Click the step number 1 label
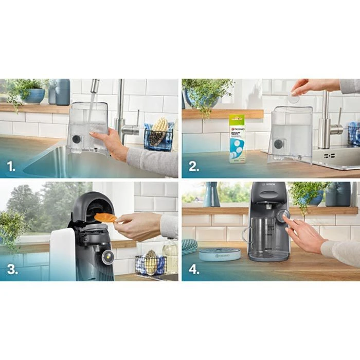pyautogui.click(x=11, y=166)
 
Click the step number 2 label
pyautogui.click(x=194, y=166)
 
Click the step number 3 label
pyautogui.click(x=11, y=268)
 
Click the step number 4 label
pyautogui.click(x=194, y=268)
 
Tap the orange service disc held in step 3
pyautogui.click(x=105, y=217)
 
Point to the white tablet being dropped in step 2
pyautogui.click(x=294, y=98)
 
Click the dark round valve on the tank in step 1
pyautogui.click(x=77, y=139)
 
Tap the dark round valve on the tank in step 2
pyautogui.click(x=278, y=145)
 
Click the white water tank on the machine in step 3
pyautogui.click(x=62, y=255)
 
